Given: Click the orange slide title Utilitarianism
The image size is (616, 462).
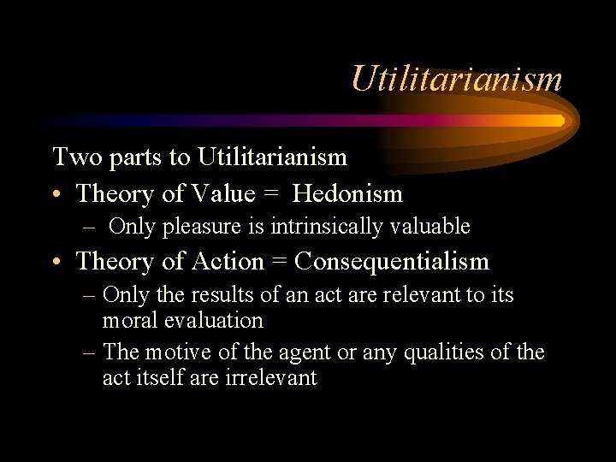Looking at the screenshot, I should click(457, 80).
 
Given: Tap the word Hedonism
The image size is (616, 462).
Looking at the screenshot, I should click(347, 194).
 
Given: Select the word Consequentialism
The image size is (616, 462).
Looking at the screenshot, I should click(392, 261).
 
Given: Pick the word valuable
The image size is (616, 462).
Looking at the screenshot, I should click(429, 227).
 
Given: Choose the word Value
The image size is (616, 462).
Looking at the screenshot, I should click(224, 194).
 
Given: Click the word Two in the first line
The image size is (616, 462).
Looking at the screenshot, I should click(71, 157).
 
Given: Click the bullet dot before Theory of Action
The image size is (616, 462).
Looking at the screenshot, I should click(57, 263).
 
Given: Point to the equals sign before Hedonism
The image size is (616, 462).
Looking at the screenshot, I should click(273, 195).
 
